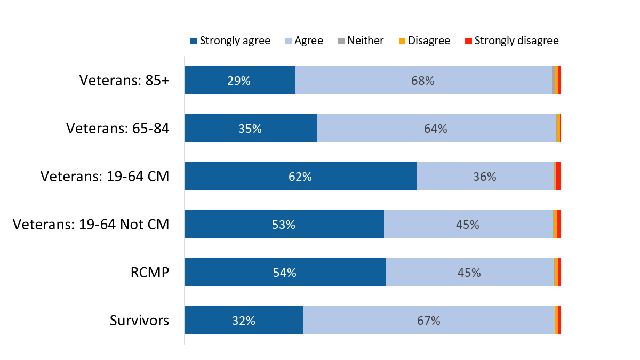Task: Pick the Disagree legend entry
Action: tap(424, 41)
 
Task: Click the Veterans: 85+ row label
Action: tap(124, 81)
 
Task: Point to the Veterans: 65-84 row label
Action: tap(117, 129)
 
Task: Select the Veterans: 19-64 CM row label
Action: tap(105, 177)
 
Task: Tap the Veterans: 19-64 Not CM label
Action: tap(91, 225)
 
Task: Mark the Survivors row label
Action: tap(139, 321)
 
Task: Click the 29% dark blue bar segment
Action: tap(239, 81)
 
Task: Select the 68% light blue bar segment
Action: tap(423, 81)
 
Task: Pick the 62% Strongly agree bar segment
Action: tap(300, 177)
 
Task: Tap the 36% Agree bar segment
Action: tap(485, 177)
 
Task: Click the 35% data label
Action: tap(250, 129)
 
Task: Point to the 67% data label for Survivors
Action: tap(429, 321)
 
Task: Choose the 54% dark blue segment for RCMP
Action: tap(285, 273)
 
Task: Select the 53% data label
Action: tap(284, 225)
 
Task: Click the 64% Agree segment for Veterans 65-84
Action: tap(436, 129)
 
